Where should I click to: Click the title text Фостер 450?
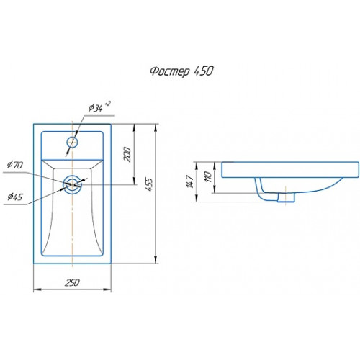point(181,71)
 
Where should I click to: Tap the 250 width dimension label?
point(72,282)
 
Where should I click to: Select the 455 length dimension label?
point(149,184)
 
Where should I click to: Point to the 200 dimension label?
point(127,155)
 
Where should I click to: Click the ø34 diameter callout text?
point(96,108)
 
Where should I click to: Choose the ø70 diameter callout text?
point(15,165)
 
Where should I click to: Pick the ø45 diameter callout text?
point(15,197)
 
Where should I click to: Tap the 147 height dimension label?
point(190,181)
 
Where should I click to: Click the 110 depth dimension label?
point(208,177)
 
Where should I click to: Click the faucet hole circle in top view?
point(72,137)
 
